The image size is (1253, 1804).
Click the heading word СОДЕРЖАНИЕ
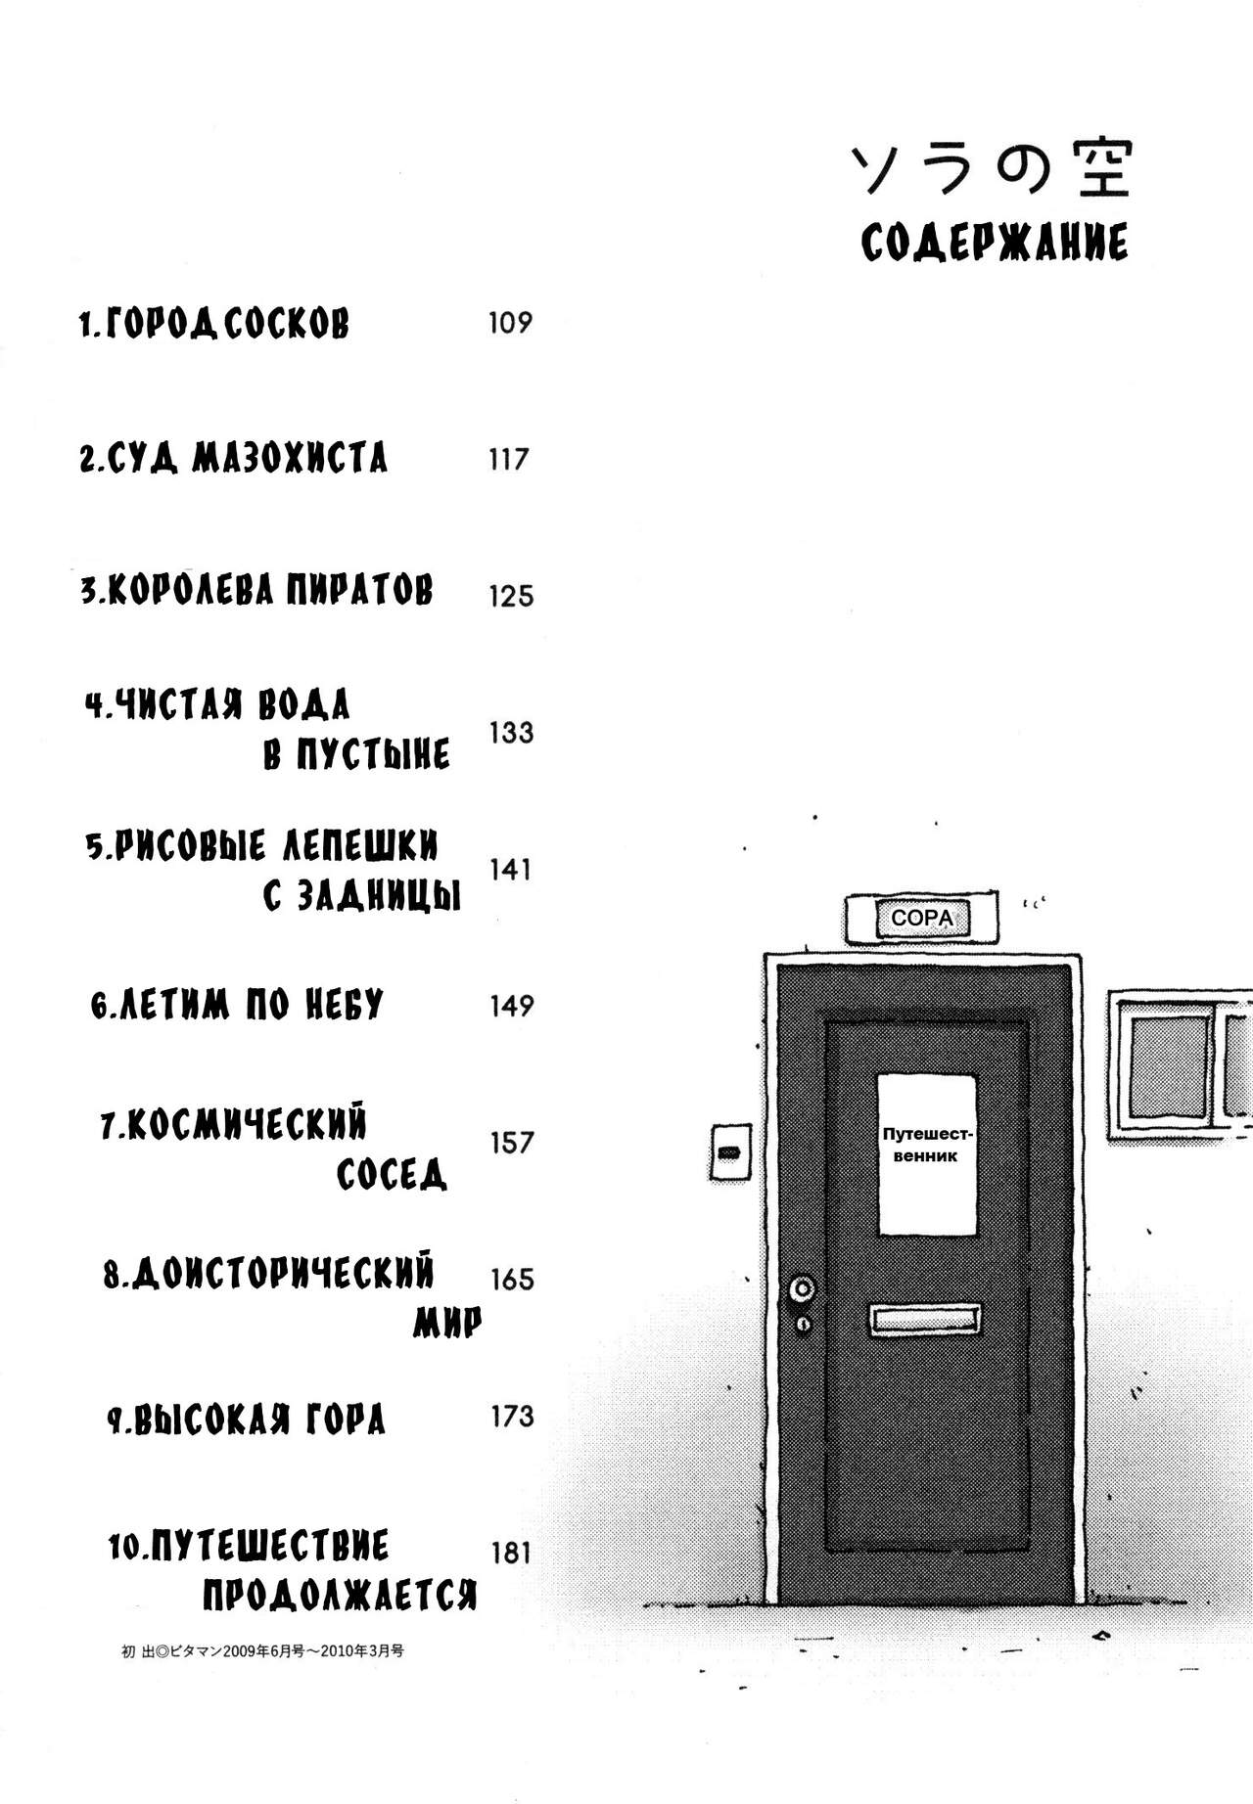994,243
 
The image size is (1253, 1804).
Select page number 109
510,323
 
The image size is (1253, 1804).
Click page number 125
511,596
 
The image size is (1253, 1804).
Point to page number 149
511,1006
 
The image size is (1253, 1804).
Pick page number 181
511,1553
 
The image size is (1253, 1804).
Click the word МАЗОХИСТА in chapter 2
289,458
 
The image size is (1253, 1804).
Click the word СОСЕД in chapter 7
392,1173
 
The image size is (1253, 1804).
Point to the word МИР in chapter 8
447,1323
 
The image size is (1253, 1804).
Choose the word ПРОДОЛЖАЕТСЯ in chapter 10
340,1596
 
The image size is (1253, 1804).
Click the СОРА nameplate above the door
921,919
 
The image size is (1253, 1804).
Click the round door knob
803,1288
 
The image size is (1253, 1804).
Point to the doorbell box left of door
729,1152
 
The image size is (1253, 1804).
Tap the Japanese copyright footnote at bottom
262,1650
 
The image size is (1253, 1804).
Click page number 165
511,1280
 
